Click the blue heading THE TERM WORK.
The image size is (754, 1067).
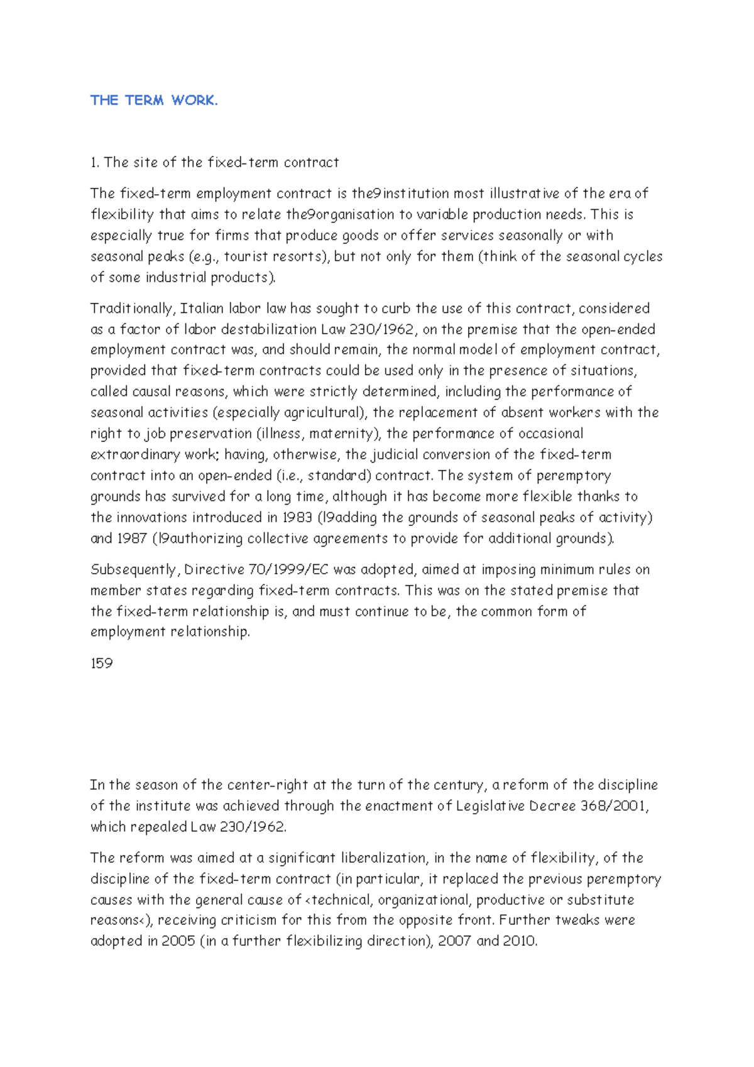pos(154,101)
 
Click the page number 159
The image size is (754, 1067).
pos(101,664)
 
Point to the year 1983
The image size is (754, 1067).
pos(297,518)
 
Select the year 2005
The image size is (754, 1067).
pos(178,941)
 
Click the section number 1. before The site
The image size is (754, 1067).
pos(95,163)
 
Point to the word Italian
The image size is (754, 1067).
pos(202,309)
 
